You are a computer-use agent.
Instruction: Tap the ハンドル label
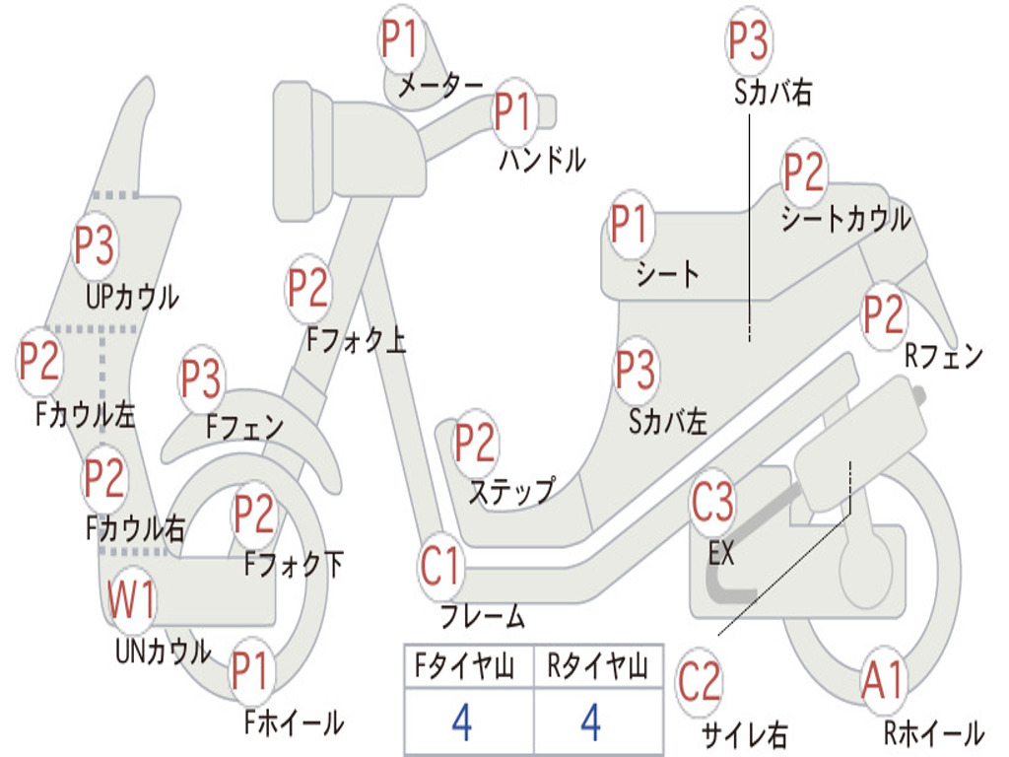click(542, 159)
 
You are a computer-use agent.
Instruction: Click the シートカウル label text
click(845, 220)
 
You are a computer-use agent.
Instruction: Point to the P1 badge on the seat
click(631, 225)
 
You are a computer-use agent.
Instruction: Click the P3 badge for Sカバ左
click(636, 371)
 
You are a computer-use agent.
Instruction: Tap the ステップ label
click(510, 491)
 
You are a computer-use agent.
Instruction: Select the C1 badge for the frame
click(440, 567)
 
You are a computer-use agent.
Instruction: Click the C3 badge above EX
click(712, 503)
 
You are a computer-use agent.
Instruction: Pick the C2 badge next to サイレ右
click(700, 683)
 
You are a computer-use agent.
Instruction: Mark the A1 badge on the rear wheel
click(882, 680)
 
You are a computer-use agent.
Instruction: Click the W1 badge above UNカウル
click(132, 600)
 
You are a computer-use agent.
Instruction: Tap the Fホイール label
click(294, 723)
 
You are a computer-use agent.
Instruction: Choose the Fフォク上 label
click(356, 341)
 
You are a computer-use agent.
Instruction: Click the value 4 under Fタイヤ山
click(461, 723)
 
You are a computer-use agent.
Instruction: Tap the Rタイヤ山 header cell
click(597, 668)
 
